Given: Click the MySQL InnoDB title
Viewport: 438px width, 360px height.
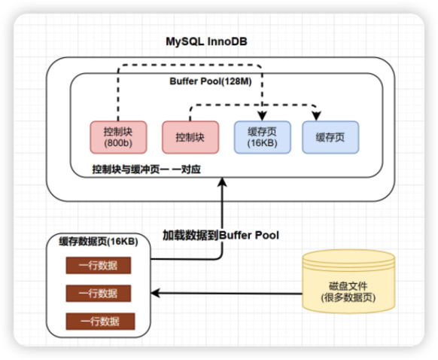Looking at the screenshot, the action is click(206, 41).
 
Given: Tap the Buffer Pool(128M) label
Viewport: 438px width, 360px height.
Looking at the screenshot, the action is click(211, 81).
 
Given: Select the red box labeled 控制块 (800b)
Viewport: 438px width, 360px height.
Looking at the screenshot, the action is click(118, 137).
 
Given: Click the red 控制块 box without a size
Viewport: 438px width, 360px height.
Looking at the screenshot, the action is click(190, 137).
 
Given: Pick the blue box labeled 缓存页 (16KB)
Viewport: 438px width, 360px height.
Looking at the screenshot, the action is click(263, 137).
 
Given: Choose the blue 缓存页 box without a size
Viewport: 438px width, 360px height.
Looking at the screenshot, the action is click(330, 137).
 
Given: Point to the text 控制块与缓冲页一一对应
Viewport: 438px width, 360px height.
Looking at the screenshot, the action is click(146, 169).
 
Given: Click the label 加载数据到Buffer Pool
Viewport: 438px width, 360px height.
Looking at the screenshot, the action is click(221, 235).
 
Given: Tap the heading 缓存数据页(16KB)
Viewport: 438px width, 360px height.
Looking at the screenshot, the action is click(99, 241).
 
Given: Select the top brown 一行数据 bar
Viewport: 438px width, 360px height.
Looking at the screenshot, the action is click(99, 265).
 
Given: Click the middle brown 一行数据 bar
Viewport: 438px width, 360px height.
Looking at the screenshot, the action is click(99, 293).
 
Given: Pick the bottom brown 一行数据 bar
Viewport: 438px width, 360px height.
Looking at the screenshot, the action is click(100, 321).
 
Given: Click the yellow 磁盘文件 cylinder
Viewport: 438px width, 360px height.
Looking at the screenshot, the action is click(348, 281).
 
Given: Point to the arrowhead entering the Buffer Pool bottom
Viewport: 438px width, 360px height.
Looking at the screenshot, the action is click(222, 182).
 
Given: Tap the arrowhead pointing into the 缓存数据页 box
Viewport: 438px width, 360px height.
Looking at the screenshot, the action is click(155, 293).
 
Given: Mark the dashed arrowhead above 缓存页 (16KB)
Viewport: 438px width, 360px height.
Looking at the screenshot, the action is click(263, 116).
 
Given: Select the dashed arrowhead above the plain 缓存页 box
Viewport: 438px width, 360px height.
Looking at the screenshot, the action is click(316, 116).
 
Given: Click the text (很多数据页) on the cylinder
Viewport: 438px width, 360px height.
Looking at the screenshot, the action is click(348, 297).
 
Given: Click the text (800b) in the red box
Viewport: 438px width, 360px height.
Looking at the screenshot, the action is click(118, 143).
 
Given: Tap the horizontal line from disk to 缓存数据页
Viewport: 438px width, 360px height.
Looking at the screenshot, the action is click(227, 294).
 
